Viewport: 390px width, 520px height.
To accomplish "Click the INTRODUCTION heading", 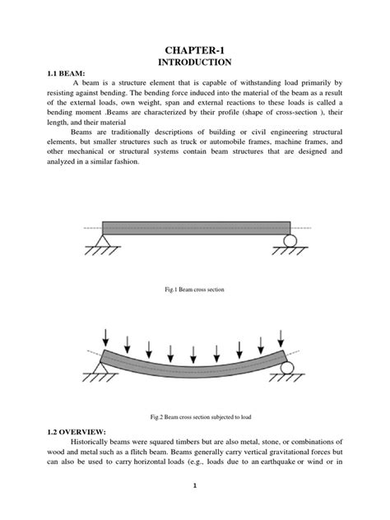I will [x=195, y=64].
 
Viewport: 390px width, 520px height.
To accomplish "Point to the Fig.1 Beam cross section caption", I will [x=195, y=290].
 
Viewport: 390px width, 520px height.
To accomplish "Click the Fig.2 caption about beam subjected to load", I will [x=195, y=418].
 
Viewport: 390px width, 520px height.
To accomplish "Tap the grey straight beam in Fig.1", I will [x=196, y=228].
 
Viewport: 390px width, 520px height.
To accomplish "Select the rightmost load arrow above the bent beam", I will [x=282, y=337].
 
